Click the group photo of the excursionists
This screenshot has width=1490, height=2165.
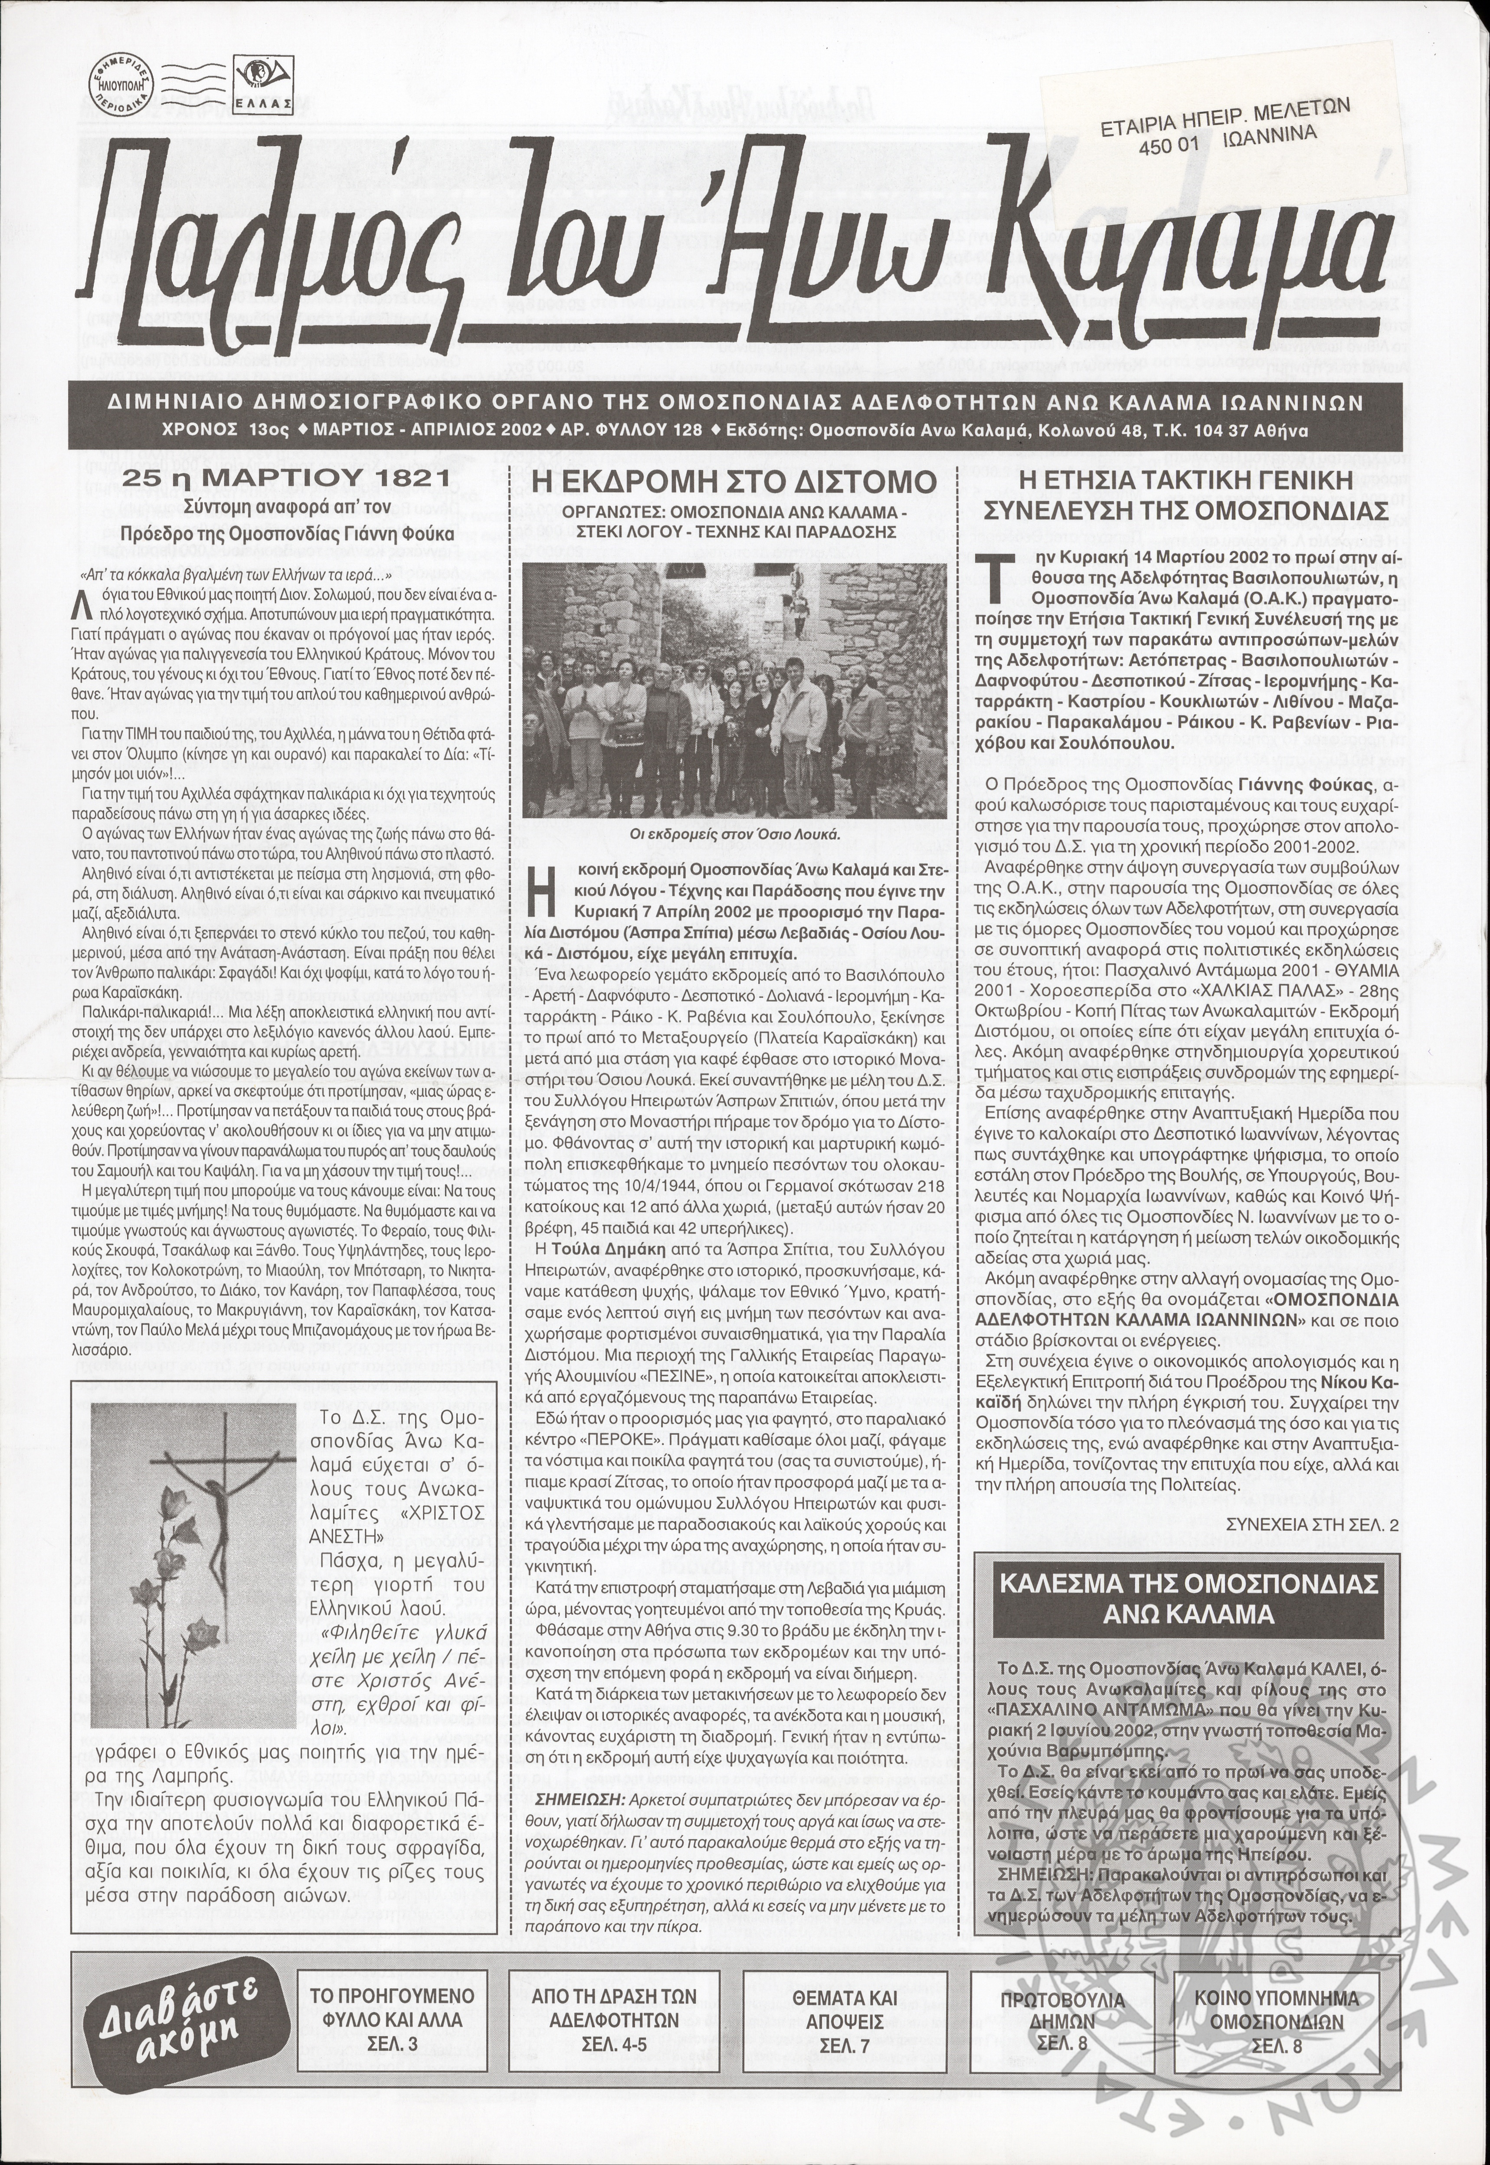point(733,686)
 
